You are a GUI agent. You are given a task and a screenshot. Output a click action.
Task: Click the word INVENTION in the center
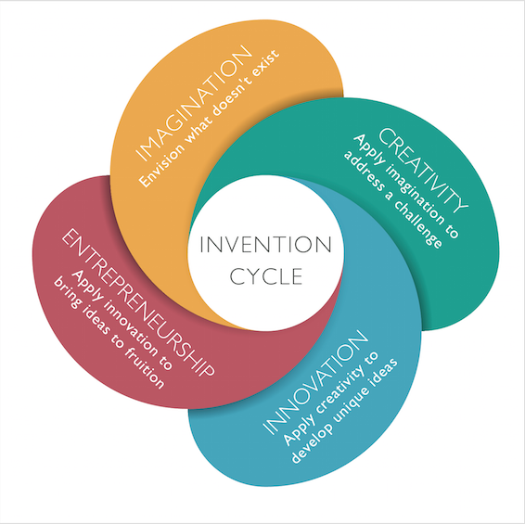[x=265, y=244]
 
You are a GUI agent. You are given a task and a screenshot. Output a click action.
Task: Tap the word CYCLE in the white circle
[x=266, y=276]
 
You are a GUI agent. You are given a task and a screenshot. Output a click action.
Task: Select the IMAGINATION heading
[x=193, y=103]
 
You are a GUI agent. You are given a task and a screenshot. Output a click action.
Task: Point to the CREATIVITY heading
[x=423, y=170]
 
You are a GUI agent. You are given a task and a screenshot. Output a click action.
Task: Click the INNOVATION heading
[x=315, y=383]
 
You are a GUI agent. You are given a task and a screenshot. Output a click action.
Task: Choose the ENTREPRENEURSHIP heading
[x=138, y=302]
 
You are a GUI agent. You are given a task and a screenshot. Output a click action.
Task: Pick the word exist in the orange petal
[x=269, y=61]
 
